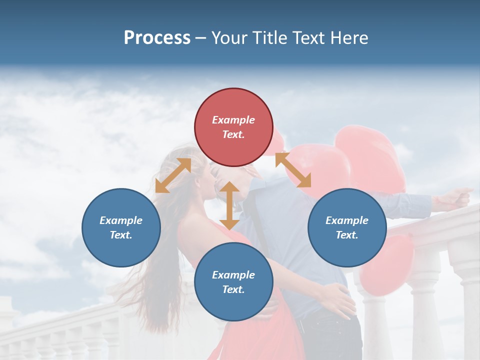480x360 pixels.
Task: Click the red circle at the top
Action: [x=233, y=127]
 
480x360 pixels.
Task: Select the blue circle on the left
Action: [x=121, y=227]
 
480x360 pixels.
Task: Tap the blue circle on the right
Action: [x=347, y=227]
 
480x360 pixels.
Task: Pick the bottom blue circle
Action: [x=233, y=282]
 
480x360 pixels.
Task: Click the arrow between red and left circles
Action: [x=173, y=175]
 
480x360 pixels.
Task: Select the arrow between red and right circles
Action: [x=293, y=170]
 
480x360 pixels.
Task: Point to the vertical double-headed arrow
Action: [x=229, y=205]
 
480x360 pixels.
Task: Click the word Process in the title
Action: [x=157, y=37]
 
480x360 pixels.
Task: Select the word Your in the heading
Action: [x=229, y=37]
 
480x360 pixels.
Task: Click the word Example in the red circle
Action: [x=233, y=120]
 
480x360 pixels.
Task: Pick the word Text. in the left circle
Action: [x=121, y=235]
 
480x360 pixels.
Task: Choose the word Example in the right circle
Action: [x=347, y=220]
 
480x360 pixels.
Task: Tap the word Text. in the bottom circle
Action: [x=233, y=289]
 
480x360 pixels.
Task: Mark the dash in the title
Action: [x=200, y=38]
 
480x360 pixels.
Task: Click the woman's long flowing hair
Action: [x=165, y=250]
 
